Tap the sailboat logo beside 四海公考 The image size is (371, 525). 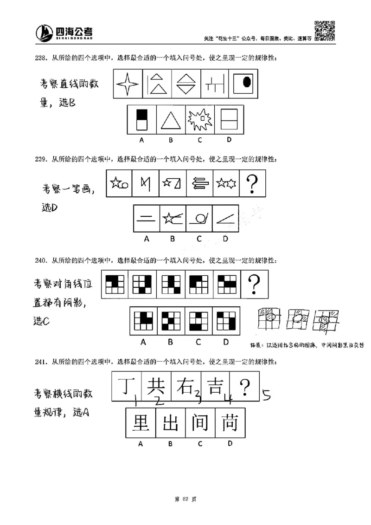point(45,32)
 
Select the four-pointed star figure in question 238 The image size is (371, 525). point(128,84)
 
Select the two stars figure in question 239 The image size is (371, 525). point(226,183)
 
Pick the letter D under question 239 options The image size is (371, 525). point(225,239)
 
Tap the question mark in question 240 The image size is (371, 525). point(253,284)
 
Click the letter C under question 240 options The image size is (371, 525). point(198,342)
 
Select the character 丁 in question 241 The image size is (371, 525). point(126,386)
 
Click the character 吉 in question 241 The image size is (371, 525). point(214,385)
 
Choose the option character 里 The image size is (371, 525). point(141,422)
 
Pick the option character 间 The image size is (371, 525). point(200,422)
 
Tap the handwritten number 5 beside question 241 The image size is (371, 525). point(266,395)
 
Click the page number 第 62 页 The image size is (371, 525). point(185,499)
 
